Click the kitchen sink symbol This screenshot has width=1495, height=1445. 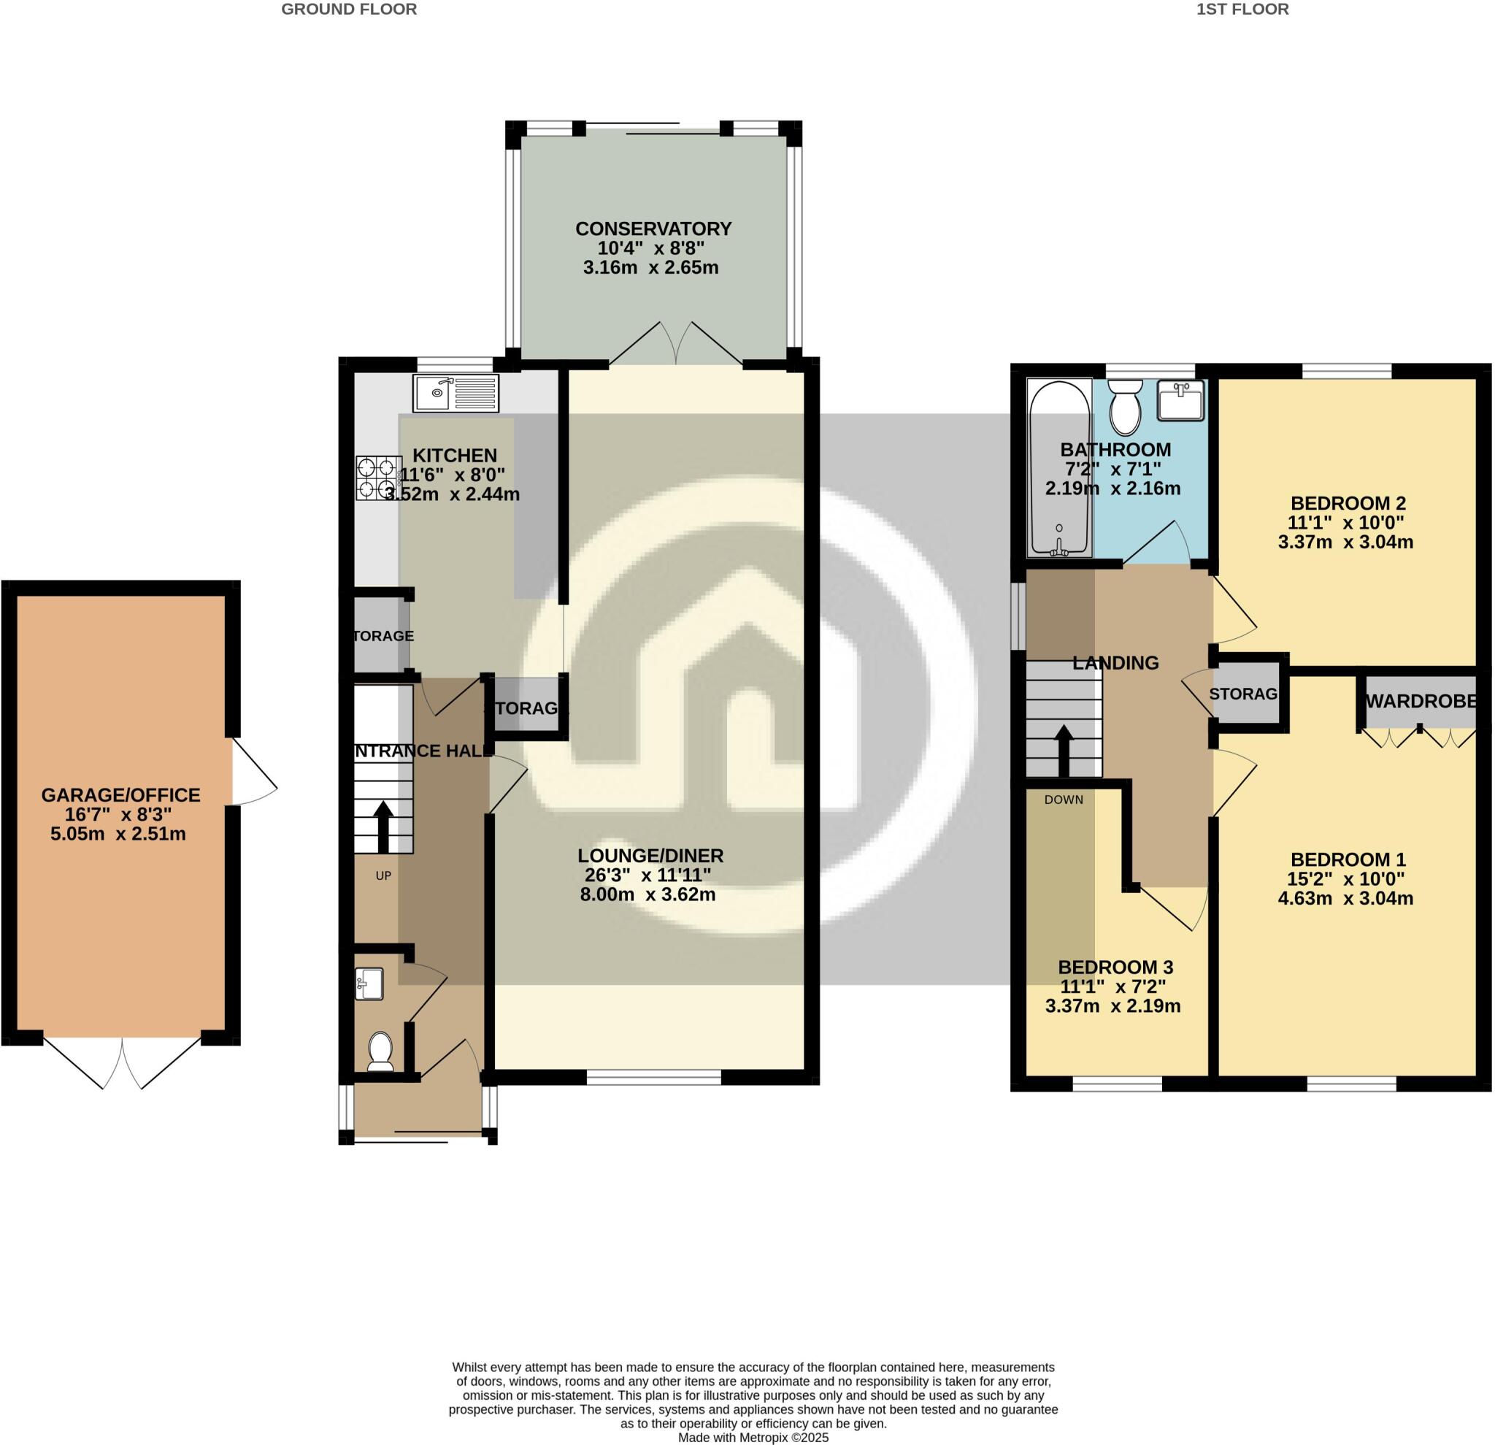tap(456, 393)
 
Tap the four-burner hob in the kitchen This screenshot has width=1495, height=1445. tap(378, 478)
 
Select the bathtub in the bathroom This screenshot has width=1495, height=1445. tap(1058, 469)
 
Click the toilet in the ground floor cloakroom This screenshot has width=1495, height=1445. tap(380, 1051)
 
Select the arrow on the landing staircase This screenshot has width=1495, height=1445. tap(1064, 751)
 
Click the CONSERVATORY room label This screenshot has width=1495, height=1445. tap(653, 229)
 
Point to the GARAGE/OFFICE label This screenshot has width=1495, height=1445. tap(120, 795)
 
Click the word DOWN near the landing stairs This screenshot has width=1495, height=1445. tap(1064, 800)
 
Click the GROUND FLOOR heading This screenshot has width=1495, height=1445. tap(349, 9)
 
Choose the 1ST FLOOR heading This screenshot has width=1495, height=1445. tap(1242, 9)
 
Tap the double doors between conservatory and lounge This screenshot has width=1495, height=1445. tap(676, 345)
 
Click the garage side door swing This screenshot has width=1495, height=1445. tap(253, 770)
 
